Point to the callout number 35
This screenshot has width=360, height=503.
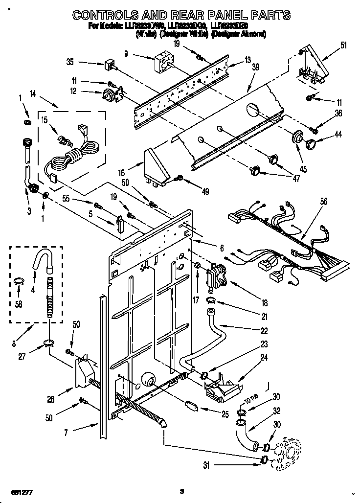tap(70, 62)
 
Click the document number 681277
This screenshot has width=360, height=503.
tap(14, 490)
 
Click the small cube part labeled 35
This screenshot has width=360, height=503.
tap(109, 65)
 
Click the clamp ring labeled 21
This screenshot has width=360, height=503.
tap(211, 299)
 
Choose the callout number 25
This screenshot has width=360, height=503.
tap(225, 414)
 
